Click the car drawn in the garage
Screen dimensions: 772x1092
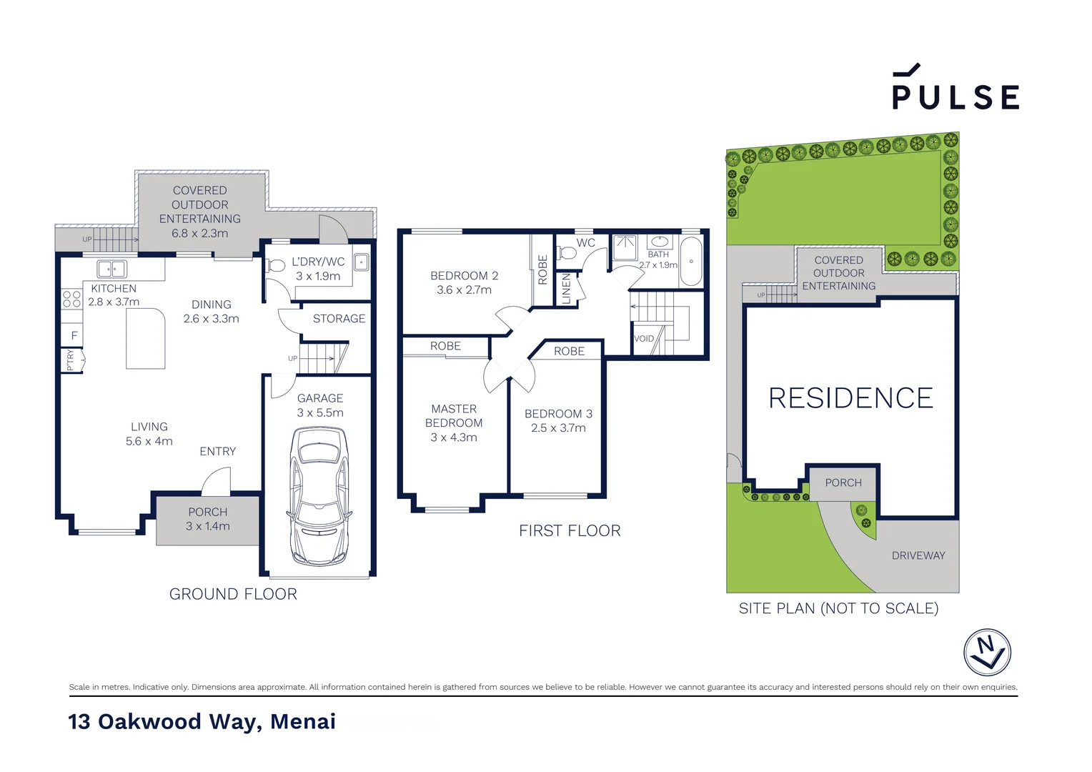point(319,496)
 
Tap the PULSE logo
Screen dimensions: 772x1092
point(955,89)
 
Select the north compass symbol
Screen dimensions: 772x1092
point(987,652)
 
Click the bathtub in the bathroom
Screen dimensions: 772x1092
point(690,261)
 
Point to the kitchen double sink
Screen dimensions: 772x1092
point(111,269)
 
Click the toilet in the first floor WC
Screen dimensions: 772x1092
point(568,252)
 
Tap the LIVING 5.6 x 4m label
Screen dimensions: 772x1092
point(149,434)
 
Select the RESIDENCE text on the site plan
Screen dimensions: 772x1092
point(850,398)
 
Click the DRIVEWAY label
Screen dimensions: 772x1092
point(918,555)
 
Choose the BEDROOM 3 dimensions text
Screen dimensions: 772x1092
point(558,428)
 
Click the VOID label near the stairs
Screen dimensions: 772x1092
point(644,339)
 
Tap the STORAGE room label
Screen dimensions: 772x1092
point(339,319)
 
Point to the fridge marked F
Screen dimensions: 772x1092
point(74,335)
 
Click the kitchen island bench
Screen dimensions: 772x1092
point(146,338)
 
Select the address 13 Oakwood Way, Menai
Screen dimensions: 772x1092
point(202,721)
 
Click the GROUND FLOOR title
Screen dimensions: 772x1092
point(233,594)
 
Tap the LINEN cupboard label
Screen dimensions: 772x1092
point(567,289)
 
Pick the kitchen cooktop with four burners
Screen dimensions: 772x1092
point(71,299)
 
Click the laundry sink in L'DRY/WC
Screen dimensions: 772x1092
point(362,262)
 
